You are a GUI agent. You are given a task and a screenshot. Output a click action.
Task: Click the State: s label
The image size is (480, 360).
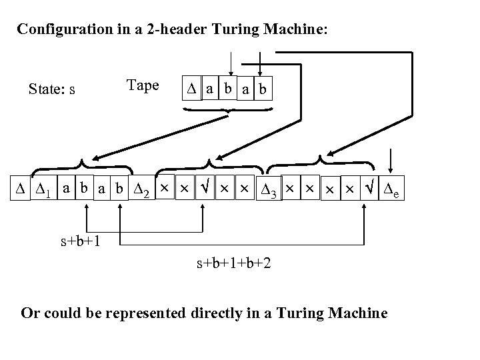(x=51, y=89)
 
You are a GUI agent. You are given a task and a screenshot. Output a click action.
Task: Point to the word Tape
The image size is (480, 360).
(x=142, y=85)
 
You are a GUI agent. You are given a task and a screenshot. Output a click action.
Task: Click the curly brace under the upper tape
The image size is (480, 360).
(x=228, y=111)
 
